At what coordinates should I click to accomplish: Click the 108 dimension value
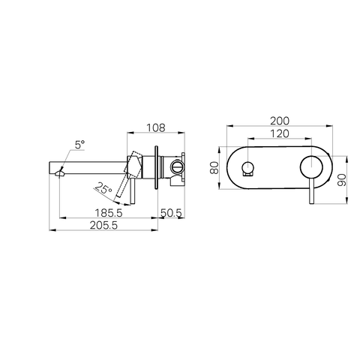point(156,127)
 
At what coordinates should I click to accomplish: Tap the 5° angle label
point(79,145)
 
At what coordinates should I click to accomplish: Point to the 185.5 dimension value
point(109,213)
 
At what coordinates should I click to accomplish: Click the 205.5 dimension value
point(103,226)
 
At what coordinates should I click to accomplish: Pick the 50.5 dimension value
point(171,213)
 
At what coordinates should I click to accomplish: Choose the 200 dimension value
point(280,121)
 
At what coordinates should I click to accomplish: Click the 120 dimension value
point(280,133)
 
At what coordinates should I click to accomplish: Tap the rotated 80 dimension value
point(214,167)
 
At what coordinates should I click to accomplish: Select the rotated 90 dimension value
point(341,180)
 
